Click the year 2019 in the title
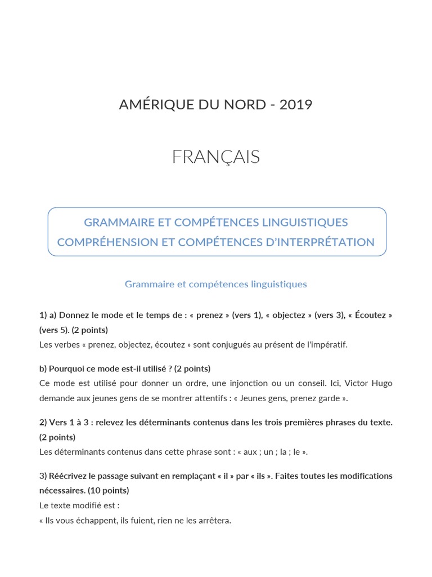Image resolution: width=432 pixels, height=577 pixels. pyautogui.click(x=295, y=105)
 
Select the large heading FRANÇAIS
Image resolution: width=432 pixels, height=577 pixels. pyautogui.click(x=216, y=157)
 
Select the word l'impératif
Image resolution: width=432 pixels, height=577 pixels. pyautogui.click(x=327, y=344)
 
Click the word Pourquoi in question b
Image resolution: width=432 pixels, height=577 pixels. pyautogui.click(x=67, y=369)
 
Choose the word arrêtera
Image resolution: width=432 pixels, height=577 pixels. pyautogui.click(x=213, y=521)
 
